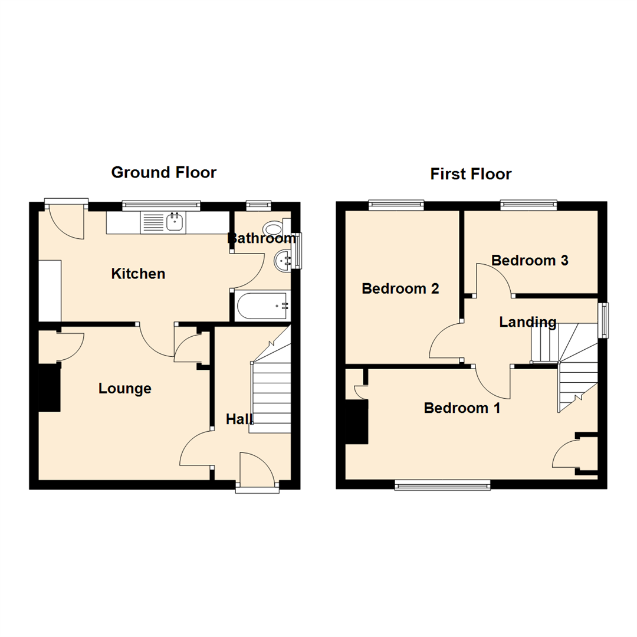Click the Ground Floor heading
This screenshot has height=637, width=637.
(163, 172)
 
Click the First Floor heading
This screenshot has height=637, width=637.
(470, 174)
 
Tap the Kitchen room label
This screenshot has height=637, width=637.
(138, 274)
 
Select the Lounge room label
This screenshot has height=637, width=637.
(124, 389)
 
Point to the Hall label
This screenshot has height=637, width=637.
(239, 419)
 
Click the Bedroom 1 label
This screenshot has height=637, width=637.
(462, 408)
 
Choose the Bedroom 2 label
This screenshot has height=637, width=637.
(400, 288)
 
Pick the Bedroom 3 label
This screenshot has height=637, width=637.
(530, 260)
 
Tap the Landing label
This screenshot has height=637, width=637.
(527, 322)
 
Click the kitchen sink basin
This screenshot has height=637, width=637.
(175, 222)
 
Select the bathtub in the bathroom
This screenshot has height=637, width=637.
(260, 306)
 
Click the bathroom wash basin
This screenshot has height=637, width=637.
(283, 260)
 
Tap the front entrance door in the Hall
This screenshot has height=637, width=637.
(257, 472)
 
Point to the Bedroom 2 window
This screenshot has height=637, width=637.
(396, 205)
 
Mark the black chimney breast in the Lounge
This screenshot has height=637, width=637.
(50, 388)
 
